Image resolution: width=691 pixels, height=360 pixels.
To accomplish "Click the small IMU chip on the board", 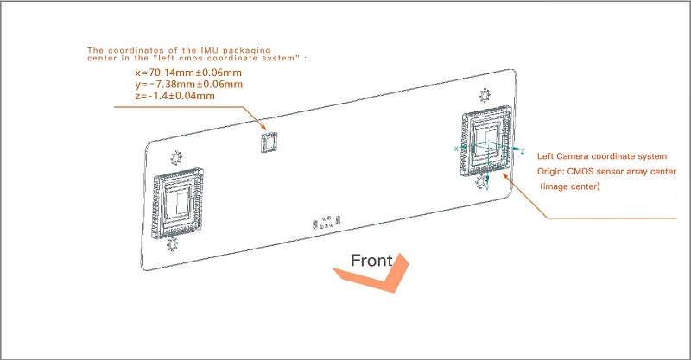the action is click(x=269, y=142).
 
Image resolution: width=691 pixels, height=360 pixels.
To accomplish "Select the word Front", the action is click(x=371, y=261).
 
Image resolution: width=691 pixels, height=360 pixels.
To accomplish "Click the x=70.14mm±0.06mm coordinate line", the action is click(x=188, y=73).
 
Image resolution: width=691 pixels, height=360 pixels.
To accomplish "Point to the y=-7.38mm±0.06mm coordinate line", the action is click(x=189, y=84).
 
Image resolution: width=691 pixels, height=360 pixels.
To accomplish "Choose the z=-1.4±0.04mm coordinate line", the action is click(x=175, y=96).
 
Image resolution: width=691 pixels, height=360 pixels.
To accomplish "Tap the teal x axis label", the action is click(x=456, y=149).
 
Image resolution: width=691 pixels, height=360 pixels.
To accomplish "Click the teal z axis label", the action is click(x=523, y=152).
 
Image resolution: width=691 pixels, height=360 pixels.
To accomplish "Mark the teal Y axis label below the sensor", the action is click(x=487, y=188).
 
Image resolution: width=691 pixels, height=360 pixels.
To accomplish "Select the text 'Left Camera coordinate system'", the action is click(x=602, y=156).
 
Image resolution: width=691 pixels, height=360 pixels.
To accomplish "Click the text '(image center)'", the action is click(x=570, y=186).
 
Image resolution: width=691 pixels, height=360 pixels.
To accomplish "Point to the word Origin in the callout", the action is click(x=549, y=172).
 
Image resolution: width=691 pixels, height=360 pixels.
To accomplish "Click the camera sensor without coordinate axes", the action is click(x=177, y=203).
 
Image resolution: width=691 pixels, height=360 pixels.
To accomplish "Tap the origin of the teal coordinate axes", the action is click(x=488, y=147).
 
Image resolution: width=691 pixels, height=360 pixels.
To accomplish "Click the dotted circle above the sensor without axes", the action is click(x=176, y=158).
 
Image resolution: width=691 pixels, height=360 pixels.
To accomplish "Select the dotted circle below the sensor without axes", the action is click(x=172, y=244).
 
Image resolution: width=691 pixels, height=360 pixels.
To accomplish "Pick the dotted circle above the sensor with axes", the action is click(x=485, y=96).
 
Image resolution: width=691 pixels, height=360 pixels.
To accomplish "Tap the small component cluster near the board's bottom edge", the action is click(x=326, y=222).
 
